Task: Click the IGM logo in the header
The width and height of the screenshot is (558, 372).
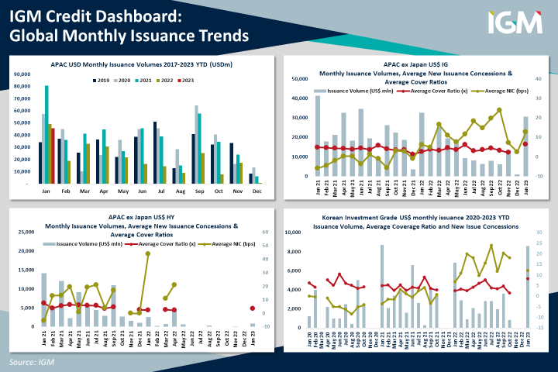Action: pos(515,22)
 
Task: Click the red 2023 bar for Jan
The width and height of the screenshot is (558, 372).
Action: pos(53,156)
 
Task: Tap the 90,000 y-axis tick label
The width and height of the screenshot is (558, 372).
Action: pos(22,74)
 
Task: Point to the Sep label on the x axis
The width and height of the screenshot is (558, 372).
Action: pos(198,190)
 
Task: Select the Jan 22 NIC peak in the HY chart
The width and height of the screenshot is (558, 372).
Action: pos(147,253)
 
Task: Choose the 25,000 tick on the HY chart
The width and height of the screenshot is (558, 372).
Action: pos(27,232)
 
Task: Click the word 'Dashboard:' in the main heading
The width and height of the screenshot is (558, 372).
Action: pos(150,15)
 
